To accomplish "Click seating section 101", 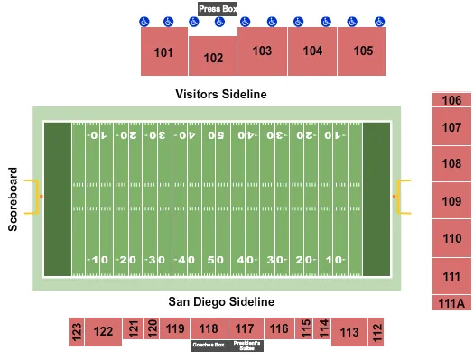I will coord(163,52).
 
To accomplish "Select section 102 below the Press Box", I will coord(213,59).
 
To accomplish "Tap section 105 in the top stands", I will coord(363,51).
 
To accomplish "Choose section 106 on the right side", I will coord(452,101).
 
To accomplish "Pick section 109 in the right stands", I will coord(452,201).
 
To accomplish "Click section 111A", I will coord(452,303).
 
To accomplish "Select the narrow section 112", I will coord(376,331).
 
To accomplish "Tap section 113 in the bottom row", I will coord(349,332).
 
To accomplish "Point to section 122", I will coord(104,332).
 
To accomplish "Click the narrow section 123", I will coord(77,331).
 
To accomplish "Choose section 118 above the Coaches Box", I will coord(209,328).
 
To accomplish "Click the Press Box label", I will coord(218,9).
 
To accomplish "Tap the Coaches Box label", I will coord(208,345).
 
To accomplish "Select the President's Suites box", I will coord(246,345).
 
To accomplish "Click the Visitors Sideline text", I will coord(221,94).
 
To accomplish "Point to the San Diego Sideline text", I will coord(221,301).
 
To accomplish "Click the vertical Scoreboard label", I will coord(14,198).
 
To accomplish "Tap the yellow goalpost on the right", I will coord(404,197).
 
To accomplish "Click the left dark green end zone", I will coord(57,198).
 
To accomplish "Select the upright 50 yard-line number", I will coord(215,260).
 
